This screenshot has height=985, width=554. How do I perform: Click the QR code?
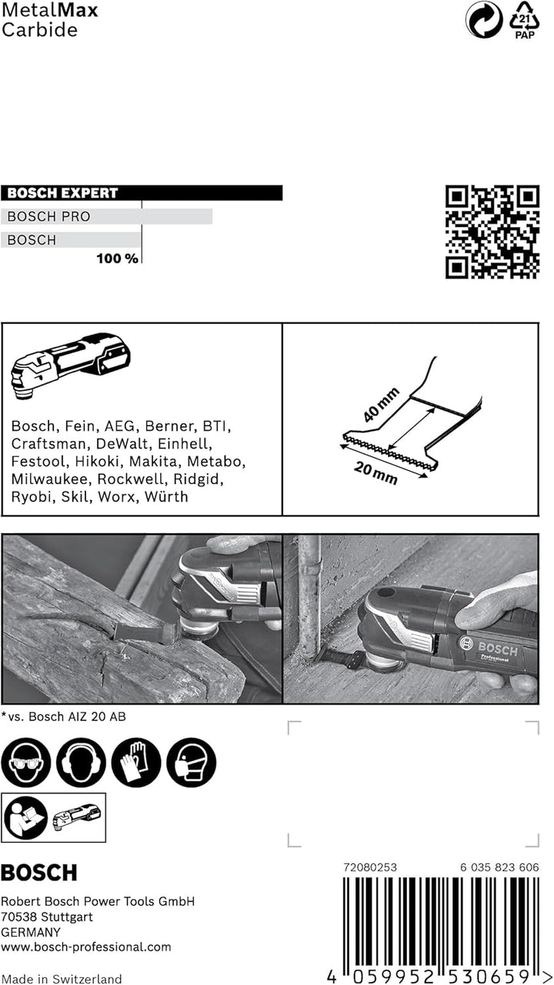tap(492, 232)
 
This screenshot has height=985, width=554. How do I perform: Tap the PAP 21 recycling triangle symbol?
tap(526, 20)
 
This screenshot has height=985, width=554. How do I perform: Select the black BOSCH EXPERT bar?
tap(142, 193)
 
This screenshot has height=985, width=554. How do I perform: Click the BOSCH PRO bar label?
tap(48, 217)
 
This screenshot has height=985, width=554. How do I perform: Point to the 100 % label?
tap(117, 259)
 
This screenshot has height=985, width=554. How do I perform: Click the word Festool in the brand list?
tap(39, 462)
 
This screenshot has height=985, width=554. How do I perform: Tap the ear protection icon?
tap(81, 762)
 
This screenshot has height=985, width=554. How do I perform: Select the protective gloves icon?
tap(136, 762)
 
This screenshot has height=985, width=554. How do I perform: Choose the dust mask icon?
tap(191, 762)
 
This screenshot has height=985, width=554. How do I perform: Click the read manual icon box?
tap(53, 817)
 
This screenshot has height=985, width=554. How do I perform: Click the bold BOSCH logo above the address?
tap(39, 873)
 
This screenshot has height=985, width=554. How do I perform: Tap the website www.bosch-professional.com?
tap(86, 947)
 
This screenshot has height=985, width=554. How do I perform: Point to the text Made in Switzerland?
tap(62, 979)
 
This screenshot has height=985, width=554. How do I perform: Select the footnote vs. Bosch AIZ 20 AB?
tap(66, 716)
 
